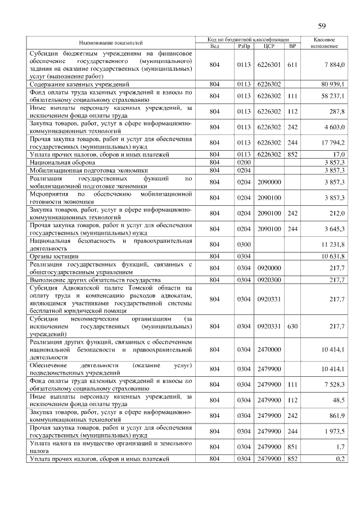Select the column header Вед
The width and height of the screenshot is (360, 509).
(x=214, y=46)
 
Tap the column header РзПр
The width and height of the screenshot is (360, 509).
(x=243, y=46)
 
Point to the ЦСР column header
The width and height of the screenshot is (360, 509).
(x=268, y=46)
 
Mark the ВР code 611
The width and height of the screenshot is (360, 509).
(x=292, y=65)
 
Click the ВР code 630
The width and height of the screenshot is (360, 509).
(x=292, y=326)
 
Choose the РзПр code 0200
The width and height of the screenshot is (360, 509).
(x=243, y=161)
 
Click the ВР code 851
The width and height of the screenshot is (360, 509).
(x=292, y=447)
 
